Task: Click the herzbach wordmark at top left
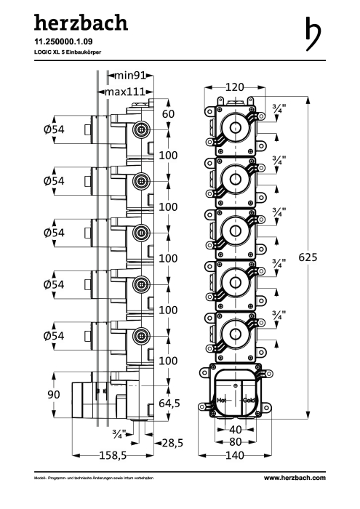point(81,23)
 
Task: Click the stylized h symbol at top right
point(313,33)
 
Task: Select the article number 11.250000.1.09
point(63,41)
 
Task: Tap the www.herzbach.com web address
point(295,478)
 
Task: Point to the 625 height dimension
point(308,257)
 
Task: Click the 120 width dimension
point(235,87)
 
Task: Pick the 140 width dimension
point(235,455)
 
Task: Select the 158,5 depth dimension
point(113,455)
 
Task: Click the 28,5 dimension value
point(172,443)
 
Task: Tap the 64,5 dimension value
point(169,403)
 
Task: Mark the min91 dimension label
point(130,76)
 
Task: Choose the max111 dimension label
point(124,92)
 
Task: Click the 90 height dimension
point(54,394)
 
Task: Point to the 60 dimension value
point(168,114)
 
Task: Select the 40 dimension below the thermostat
point(236,430)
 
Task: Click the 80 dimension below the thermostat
point(236,442)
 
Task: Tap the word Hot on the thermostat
point(222,400)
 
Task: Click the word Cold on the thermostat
point(249,400)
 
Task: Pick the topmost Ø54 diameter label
point(54,129)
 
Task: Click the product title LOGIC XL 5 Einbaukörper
point(68,52)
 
